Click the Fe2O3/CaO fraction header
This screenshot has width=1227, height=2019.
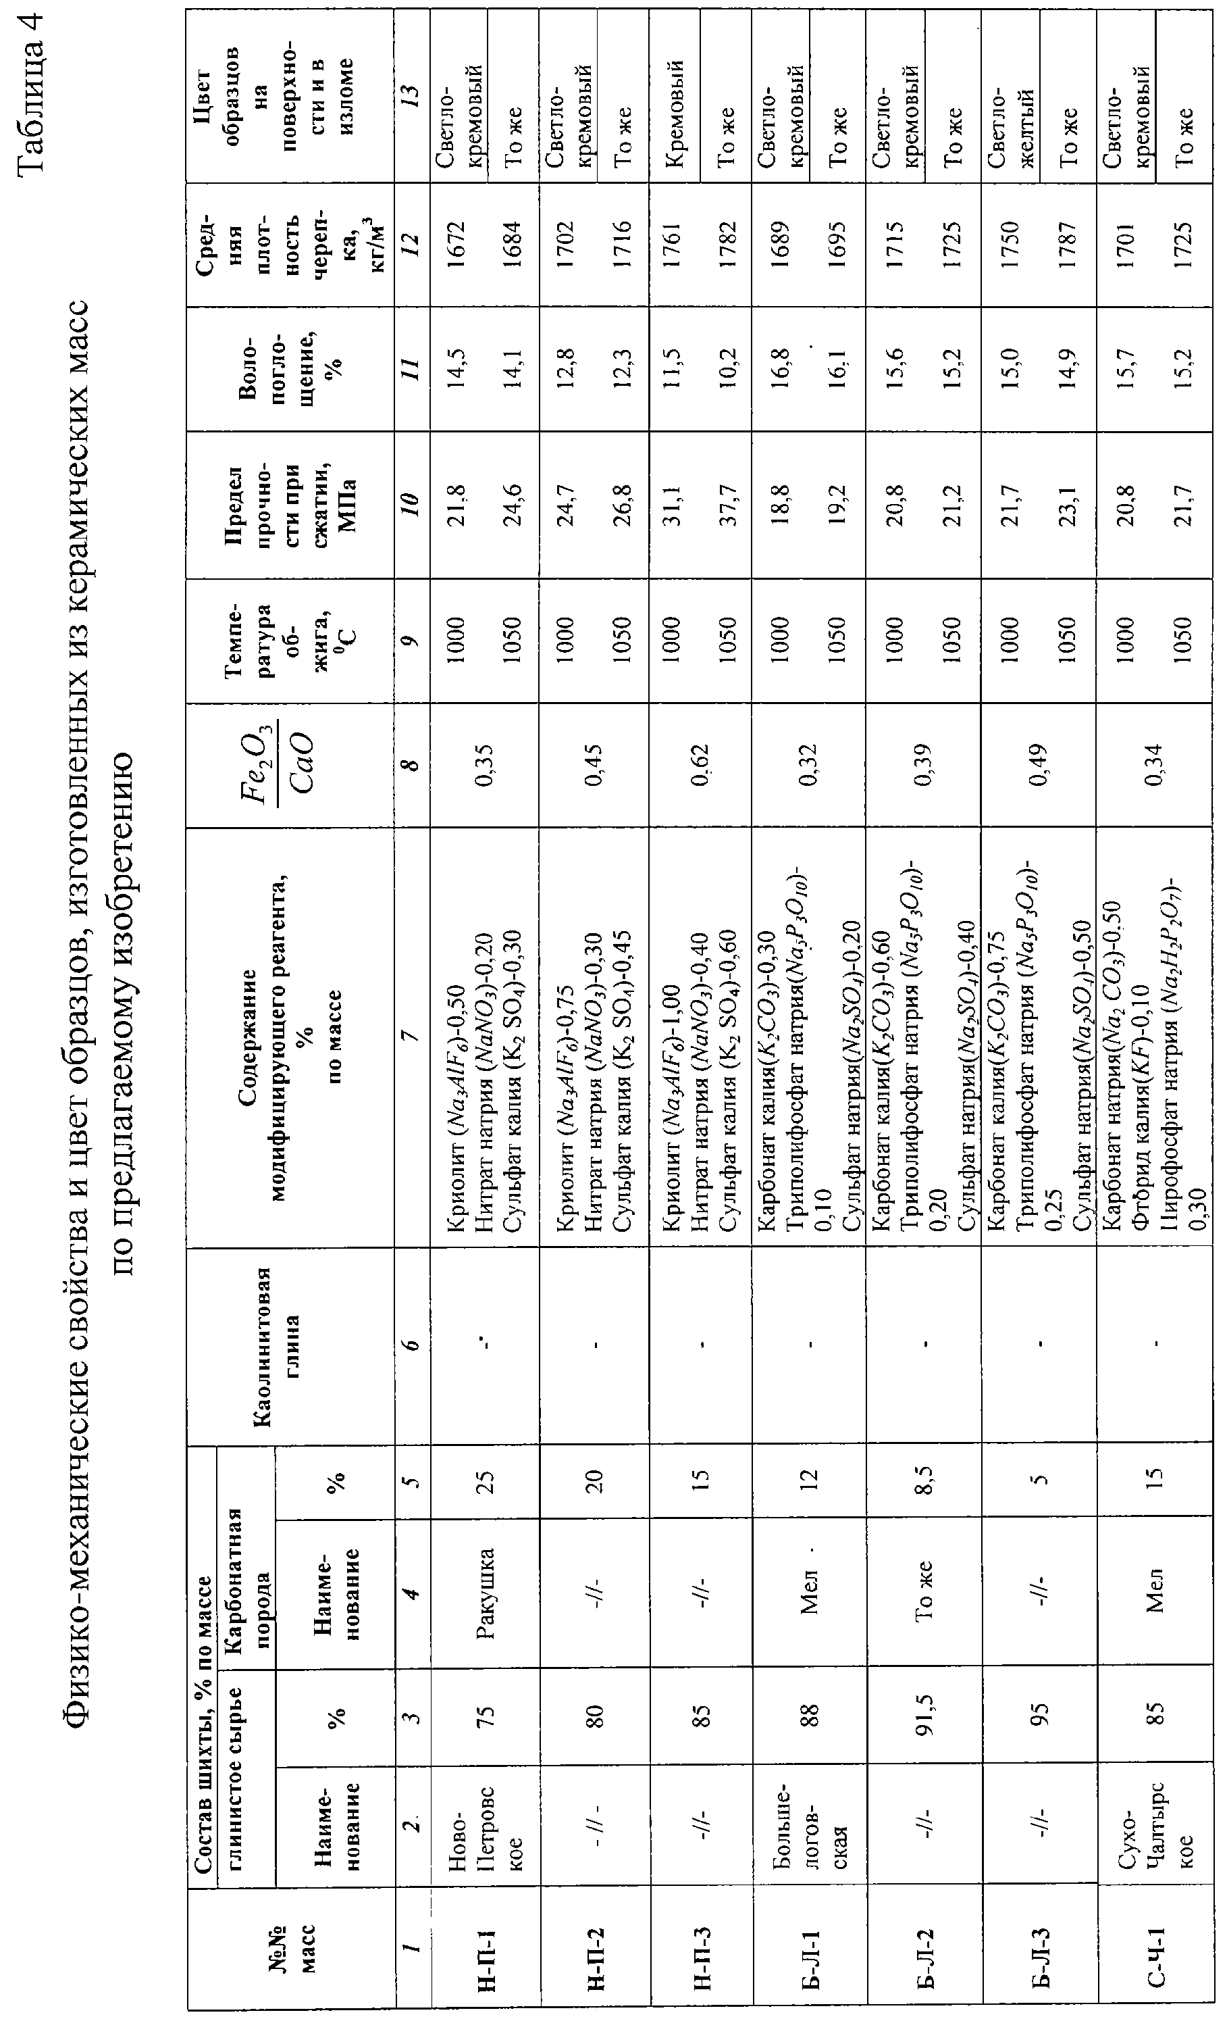[x=292, y=764]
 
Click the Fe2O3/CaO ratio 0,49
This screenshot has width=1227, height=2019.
[x=1039, y=764]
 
